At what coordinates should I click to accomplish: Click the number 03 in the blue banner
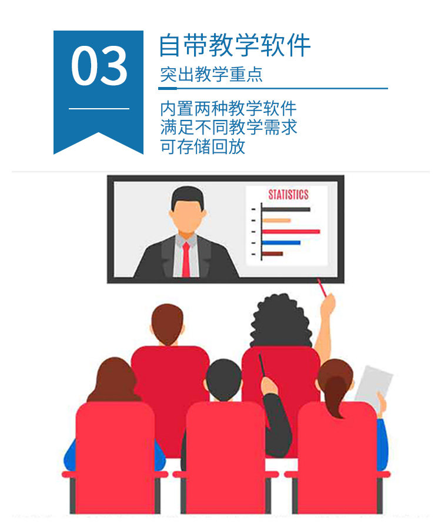point(99,65)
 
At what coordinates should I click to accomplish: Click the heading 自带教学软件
point(235,45)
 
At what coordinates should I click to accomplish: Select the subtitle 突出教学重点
point(211,74)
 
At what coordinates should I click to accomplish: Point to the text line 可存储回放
point(203,146)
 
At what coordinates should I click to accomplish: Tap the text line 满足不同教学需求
point(229,127)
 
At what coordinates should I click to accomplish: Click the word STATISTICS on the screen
point(288,195)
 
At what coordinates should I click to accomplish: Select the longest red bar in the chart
point(291,232)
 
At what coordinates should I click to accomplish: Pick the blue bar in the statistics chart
point(281,243)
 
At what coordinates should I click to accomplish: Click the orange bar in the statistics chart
point(276,220)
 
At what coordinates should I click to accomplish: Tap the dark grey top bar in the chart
point(286,210)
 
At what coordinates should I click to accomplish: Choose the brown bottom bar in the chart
point(273,254)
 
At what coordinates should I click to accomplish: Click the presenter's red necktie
point(186,259)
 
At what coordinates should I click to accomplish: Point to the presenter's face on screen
point(187,215)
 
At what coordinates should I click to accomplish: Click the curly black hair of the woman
point(280,321)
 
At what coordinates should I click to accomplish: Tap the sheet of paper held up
point(374,386)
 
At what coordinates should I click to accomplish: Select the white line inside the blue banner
point(99,109)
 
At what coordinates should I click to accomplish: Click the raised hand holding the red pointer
point(328,305)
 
